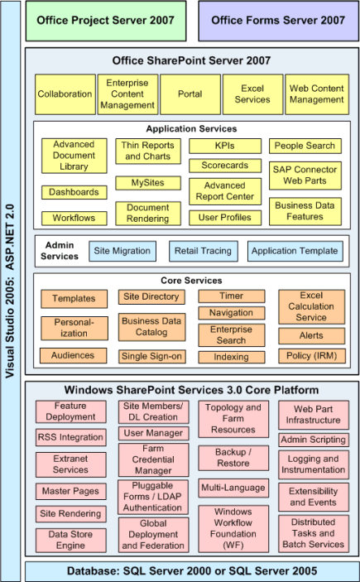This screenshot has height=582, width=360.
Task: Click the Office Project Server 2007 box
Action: point(106,21)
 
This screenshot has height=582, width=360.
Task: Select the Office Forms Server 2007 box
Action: point(278,21)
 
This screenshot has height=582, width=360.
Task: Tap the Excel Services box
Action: point(252,94)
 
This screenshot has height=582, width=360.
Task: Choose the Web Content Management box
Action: point(317,94)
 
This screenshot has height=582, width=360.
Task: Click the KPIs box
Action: point(225,146)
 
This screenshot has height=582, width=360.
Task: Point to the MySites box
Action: point(147,183)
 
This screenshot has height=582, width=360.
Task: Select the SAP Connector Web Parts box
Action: point(305,176)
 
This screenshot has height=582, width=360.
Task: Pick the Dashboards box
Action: point(74,192)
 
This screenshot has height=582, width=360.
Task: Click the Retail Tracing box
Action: point(203,252)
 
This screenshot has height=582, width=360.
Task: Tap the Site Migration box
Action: point(122,252)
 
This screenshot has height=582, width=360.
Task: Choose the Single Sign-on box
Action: point(151,356)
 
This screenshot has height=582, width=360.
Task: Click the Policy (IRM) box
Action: point(312,356)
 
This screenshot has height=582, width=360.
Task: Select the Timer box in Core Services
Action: point(231,296)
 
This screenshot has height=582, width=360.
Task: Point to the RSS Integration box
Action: point(70,437)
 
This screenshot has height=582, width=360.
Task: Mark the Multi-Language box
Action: point(233,488)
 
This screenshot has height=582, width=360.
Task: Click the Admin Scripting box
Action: point(313,440)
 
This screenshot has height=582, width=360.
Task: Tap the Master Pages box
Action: point(70,492)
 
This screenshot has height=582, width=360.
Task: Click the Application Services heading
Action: point(191,129)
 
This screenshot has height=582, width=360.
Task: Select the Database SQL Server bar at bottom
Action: point(192,571)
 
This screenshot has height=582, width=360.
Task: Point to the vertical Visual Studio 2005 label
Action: point(10,291)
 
